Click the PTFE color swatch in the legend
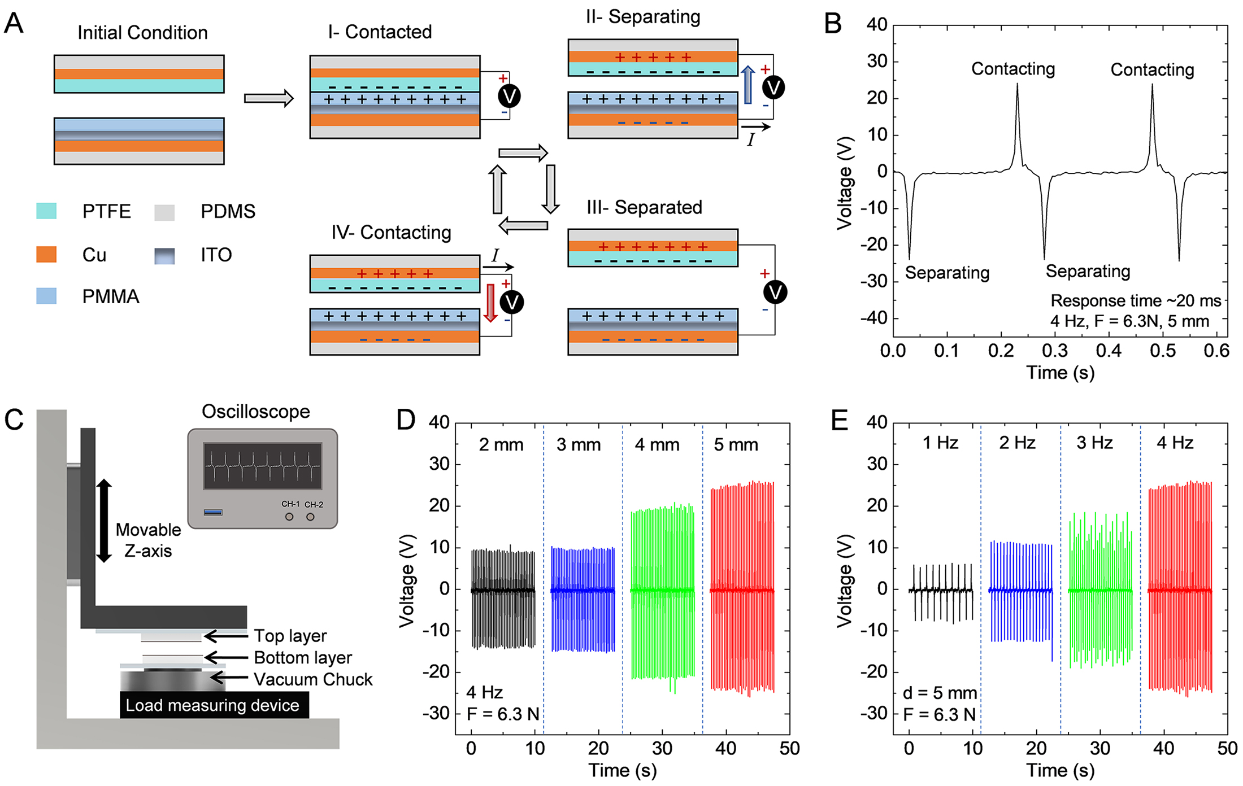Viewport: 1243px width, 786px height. click(46, 211)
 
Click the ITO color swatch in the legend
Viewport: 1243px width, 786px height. click(164, 256)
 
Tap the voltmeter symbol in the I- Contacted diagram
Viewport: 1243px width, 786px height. click(509, 96)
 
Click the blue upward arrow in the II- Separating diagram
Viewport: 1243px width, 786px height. click(747, 85)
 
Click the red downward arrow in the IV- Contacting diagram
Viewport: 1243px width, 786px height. click(490, 303)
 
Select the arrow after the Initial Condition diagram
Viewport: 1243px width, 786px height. click(268, 98)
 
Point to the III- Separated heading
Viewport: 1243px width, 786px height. click(644, 207)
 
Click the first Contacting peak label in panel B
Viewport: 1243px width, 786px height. click(1012, 69)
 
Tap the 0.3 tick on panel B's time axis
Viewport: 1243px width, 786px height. click(1054, 351)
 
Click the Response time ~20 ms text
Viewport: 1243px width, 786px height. click(1135, 300)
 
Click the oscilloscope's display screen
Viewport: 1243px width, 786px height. click(263, 466)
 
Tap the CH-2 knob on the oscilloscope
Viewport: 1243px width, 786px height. click(310, 517)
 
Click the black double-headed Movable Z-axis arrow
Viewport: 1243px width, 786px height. click(104, 520)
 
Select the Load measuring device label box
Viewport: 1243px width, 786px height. click(214, 705)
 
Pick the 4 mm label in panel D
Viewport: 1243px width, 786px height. click(657, 445)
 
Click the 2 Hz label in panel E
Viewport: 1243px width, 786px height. click(1017, 443)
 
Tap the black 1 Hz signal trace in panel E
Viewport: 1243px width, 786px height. click(941, 591)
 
